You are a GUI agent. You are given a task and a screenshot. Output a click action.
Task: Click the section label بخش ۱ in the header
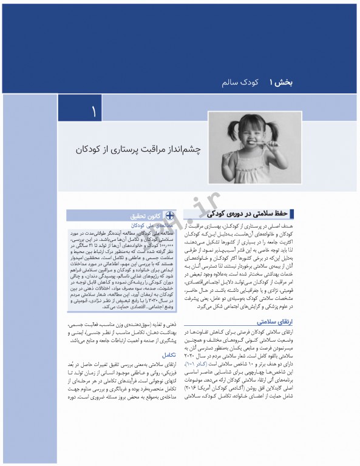click(x=280, y=81)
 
